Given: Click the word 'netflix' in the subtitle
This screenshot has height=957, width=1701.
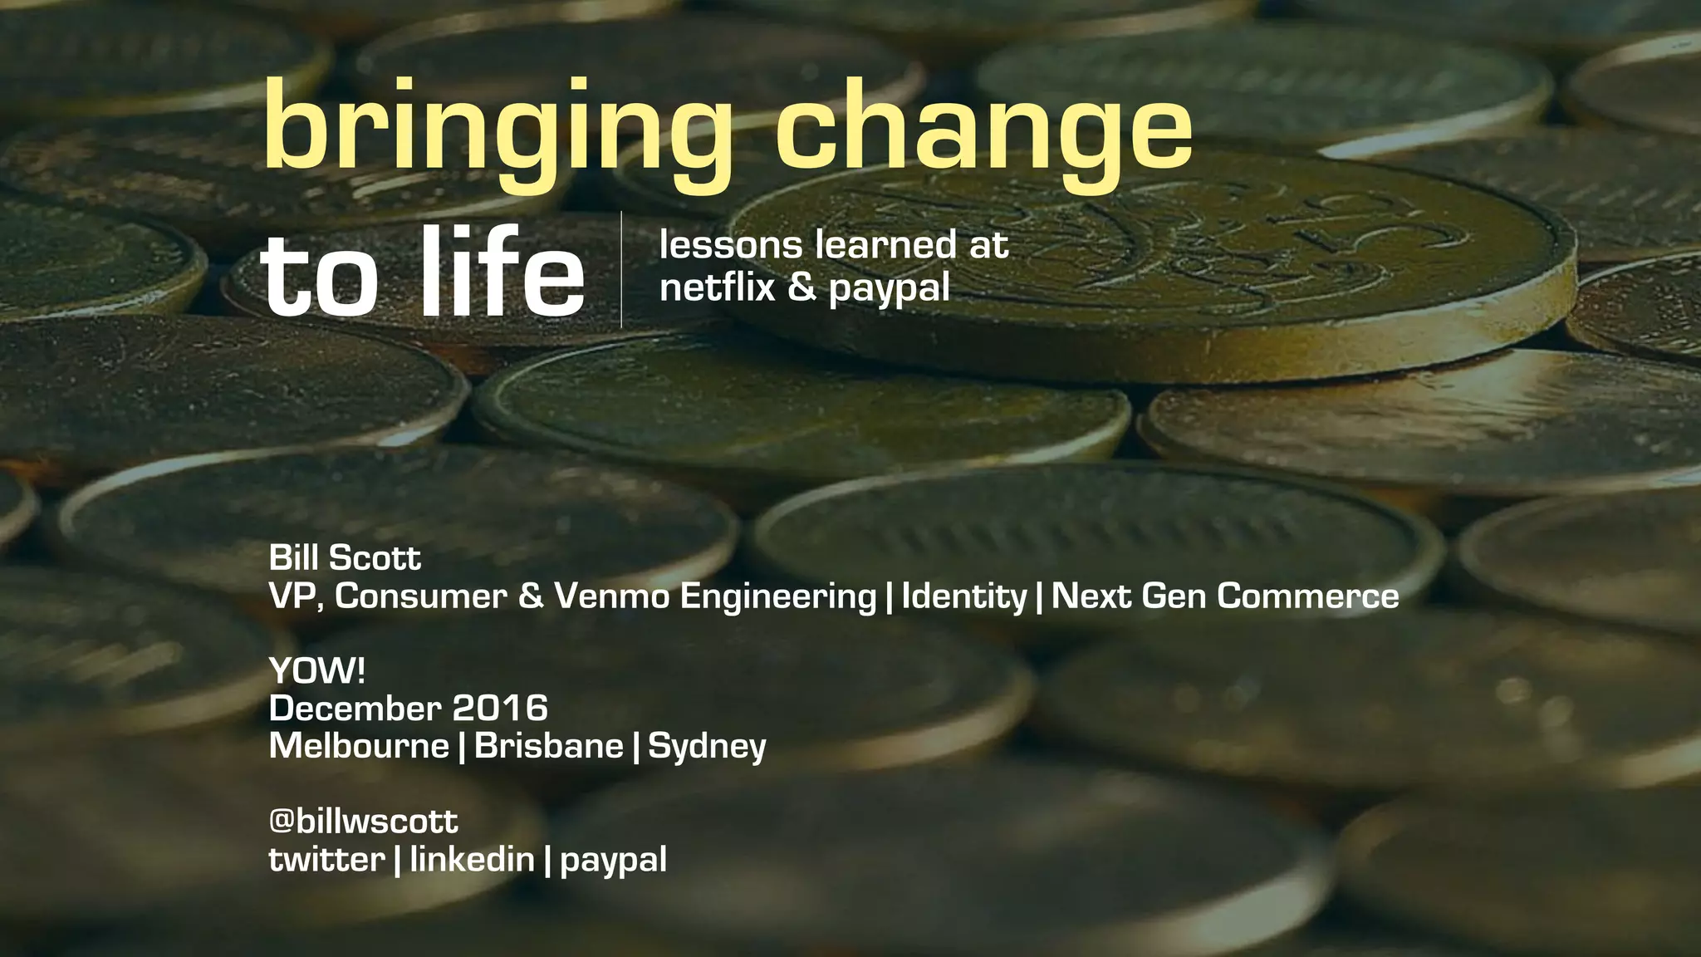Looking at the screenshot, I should pyautogui.click(x=717, y=287).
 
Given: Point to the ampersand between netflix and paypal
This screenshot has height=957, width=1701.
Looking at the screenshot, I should pyautogui.click(x=801, y=287).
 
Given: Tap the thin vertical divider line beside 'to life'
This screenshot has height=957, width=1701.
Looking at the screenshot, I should pyautogui.click(x=621, y=269).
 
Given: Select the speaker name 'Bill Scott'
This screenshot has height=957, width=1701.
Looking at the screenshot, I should pyautogui.click(x=345, y=557).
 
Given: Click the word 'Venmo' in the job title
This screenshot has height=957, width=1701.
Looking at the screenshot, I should pyautogui.click(x=611, y=596).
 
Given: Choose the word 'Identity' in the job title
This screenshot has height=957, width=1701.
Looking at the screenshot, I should pyautogui.click(x=964, y=596).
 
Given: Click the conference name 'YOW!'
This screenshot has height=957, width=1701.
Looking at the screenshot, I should pyautogui.click(x=317, y=670).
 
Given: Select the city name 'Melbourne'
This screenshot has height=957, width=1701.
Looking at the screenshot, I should pyautogui.click(x=359, y=745).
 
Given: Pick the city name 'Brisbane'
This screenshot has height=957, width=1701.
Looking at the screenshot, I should pyautogui.click(x=548, y=745).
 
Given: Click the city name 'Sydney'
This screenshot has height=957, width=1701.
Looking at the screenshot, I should pyautogui.click(x=707, y=746).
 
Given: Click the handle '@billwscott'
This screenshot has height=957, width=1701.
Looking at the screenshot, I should pyautogui.click(x=363, y=821).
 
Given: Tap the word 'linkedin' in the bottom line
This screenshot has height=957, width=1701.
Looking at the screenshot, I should pyautogui.click(x=472, y=859).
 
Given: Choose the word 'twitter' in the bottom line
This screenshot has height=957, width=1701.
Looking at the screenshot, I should pyautogui.click(x=326, y=859).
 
